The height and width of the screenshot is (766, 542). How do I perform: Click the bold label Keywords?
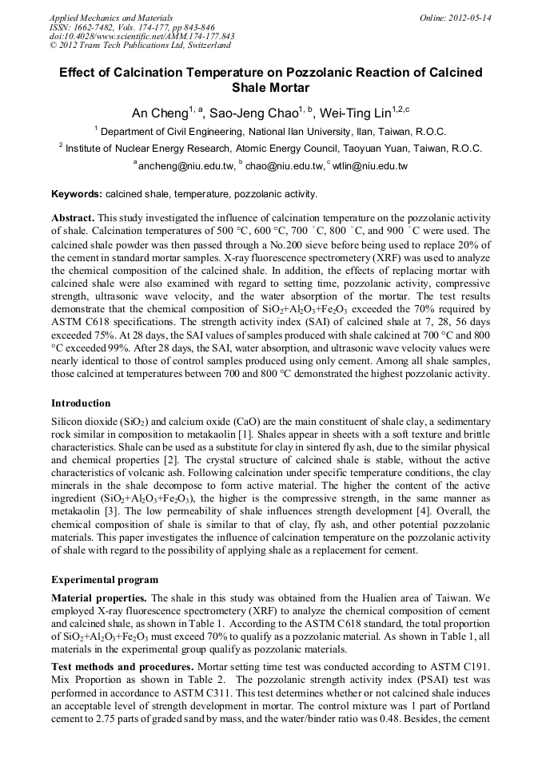[77, 194]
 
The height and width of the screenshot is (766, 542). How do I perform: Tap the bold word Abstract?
[73, 218]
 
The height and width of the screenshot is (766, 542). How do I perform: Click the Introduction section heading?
[81, 403]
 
